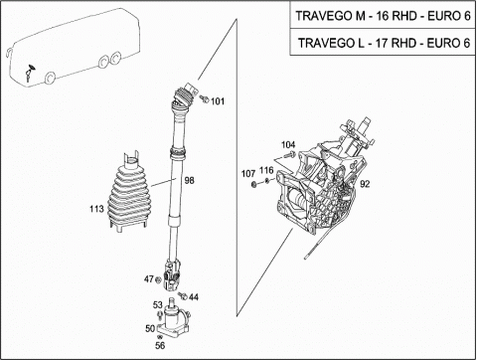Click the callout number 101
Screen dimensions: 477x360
[x=218, y=101]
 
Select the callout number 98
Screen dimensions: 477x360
[x=189, y=180]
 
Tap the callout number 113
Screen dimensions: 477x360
[x=96, y=209]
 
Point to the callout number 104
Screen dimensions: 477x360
[x=288, y=145]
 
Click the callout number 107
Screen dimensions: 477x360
[x=248, y=174]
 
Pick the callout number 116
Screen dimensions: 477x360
[x=266, y=170]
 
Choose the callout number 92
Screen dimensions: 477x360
[x=365, y=184]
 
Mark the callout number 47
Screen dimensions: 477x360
[x=149, y=279]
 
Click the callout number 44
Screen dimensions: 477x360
[x=194, y=297]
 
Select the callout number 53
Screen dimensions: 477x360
[x=158, y=304]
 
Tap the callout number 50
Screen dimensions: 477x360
[x=150, y=328]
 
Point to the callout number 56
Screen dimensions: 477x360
[x=160, y=345]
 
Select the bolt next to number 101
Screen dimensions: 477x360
[x=205, y=98]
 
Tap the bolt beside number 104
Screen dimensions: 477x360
[x=290, y=154]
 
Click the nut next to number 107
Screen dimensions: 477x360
[x=253, y=185]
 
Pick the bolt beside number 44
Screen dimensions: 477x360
[x=183, y=295]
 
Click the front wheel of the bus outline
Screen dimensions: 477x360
[x=50, y=79]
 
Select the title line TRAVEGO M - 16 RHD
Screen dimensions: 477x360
[x=383, y=16]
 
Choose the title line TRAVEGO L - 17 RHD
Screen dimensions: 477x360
[x=384, y=43]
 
